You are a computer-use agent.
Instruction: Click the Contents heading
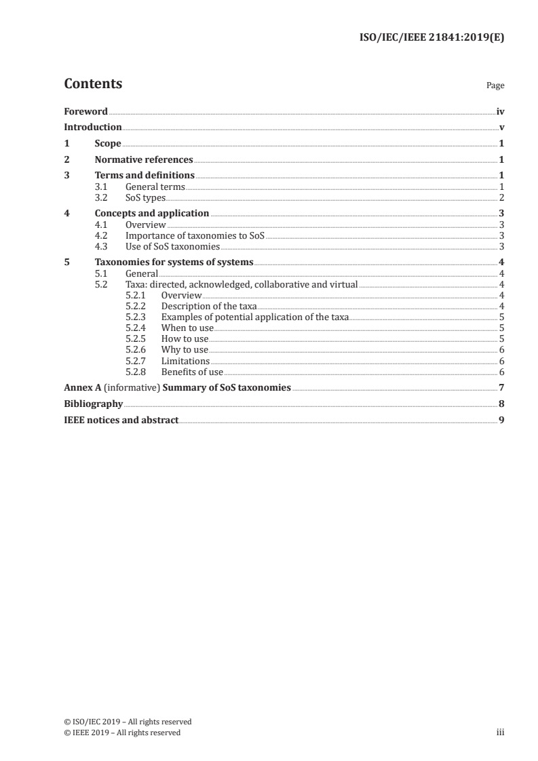coord(93,84)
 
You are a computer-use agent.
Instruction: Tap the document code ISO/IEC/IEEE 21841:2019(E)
coord(431,38)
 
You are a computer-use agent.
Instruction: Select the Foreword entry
coord(85,111)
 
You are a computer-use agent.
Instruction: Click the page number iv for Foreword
coord(500,111)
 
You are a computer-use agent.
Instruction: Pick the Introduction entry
coord(93,127)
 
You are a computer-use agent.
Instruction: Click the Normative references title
coord(144,160)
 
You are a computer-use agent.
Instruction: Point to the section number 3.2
coord(100,197)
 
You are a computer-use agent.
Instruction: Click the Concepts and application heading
coord(152,214)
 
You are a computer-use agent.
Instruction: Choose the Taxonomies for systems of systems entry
coord(174,262)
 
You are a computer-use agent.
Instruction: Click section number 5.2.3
coord(136,317)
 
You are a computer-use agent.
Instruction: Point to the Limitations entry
coord(185,361)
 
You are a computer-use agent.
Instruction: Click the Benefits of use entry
coord(192,372)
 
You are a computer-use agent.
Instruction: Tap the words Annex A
coord(78,388)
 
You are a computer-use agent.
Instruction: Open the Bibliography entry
coord(93,404)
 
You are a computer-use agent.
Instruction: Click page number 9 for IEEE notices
coord(501,421)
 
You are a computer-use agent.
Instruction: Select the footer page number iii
coord(501,733)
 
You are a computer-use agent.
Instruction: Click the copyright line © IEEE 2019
coord(122,733)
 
